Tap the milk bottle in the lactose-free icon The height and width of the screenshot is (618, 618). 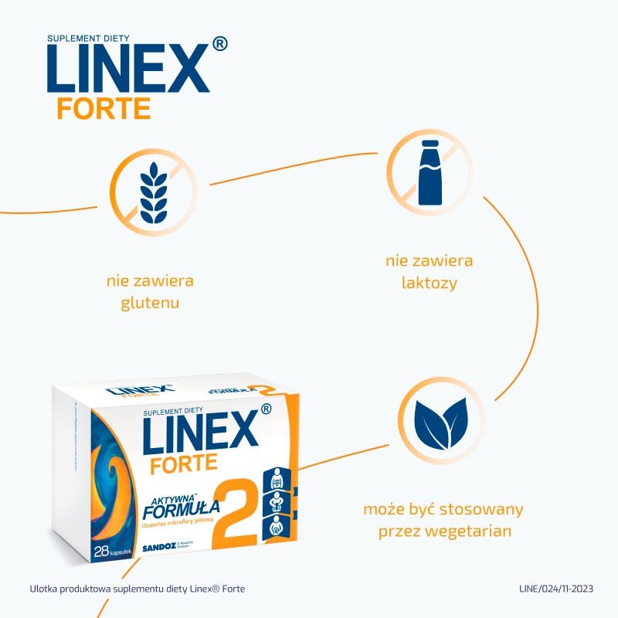click(430, 174)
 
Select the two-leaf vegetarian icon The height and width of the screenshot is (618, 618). click(441, 422)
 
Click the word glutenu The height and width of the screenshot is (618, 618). click(150, 302)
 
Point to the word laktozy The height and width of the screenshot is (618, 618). click(430, 283)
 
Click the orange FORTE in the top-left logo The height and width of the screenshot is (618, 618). click(104, 108)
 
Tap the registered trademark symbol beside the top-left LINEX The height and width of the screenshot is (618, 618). click(219, 45)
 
